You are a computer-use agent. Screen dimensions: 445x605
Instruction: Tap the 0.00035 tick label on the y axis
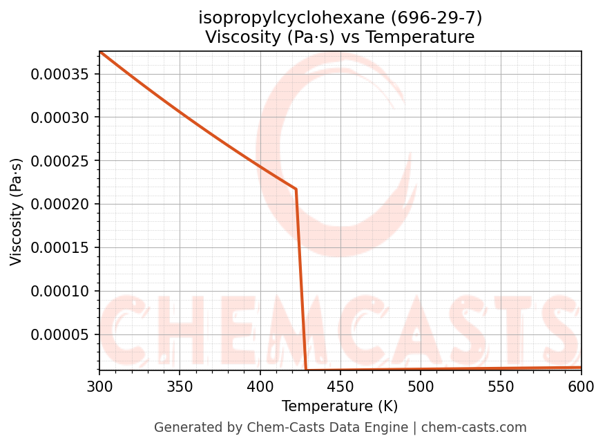click(x=60, y=74)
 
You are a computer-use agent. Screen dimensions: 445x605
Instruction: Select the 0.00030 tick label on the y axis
click(x=60, y=117)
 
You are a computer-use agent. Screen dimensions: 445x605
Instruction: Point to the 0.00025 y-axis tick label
click(x=60, y=161)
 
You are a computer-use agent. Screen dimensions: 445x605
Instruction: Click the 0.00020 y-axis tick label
click(x=60, y=205)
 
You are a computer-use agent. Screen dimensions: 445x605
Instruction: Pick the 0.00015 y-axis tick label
click(x=60, y=248)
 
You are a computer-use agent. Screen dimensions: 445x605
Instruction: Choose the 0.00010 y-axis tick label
click(x=60, y=292)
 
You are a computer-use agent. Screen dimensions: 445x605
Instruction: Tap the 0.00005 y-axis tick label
click(x=60, y=335)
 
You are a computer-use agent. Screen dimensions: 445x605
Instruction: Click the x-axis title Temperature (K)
click(x=340, y=406)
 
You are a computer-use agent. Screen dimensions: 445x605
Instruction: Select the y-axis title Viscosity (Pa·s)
click(x=17, y=211)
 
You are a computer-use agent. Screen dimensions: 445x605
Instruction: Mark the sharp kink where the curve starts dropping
click(x=296, y=189)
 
